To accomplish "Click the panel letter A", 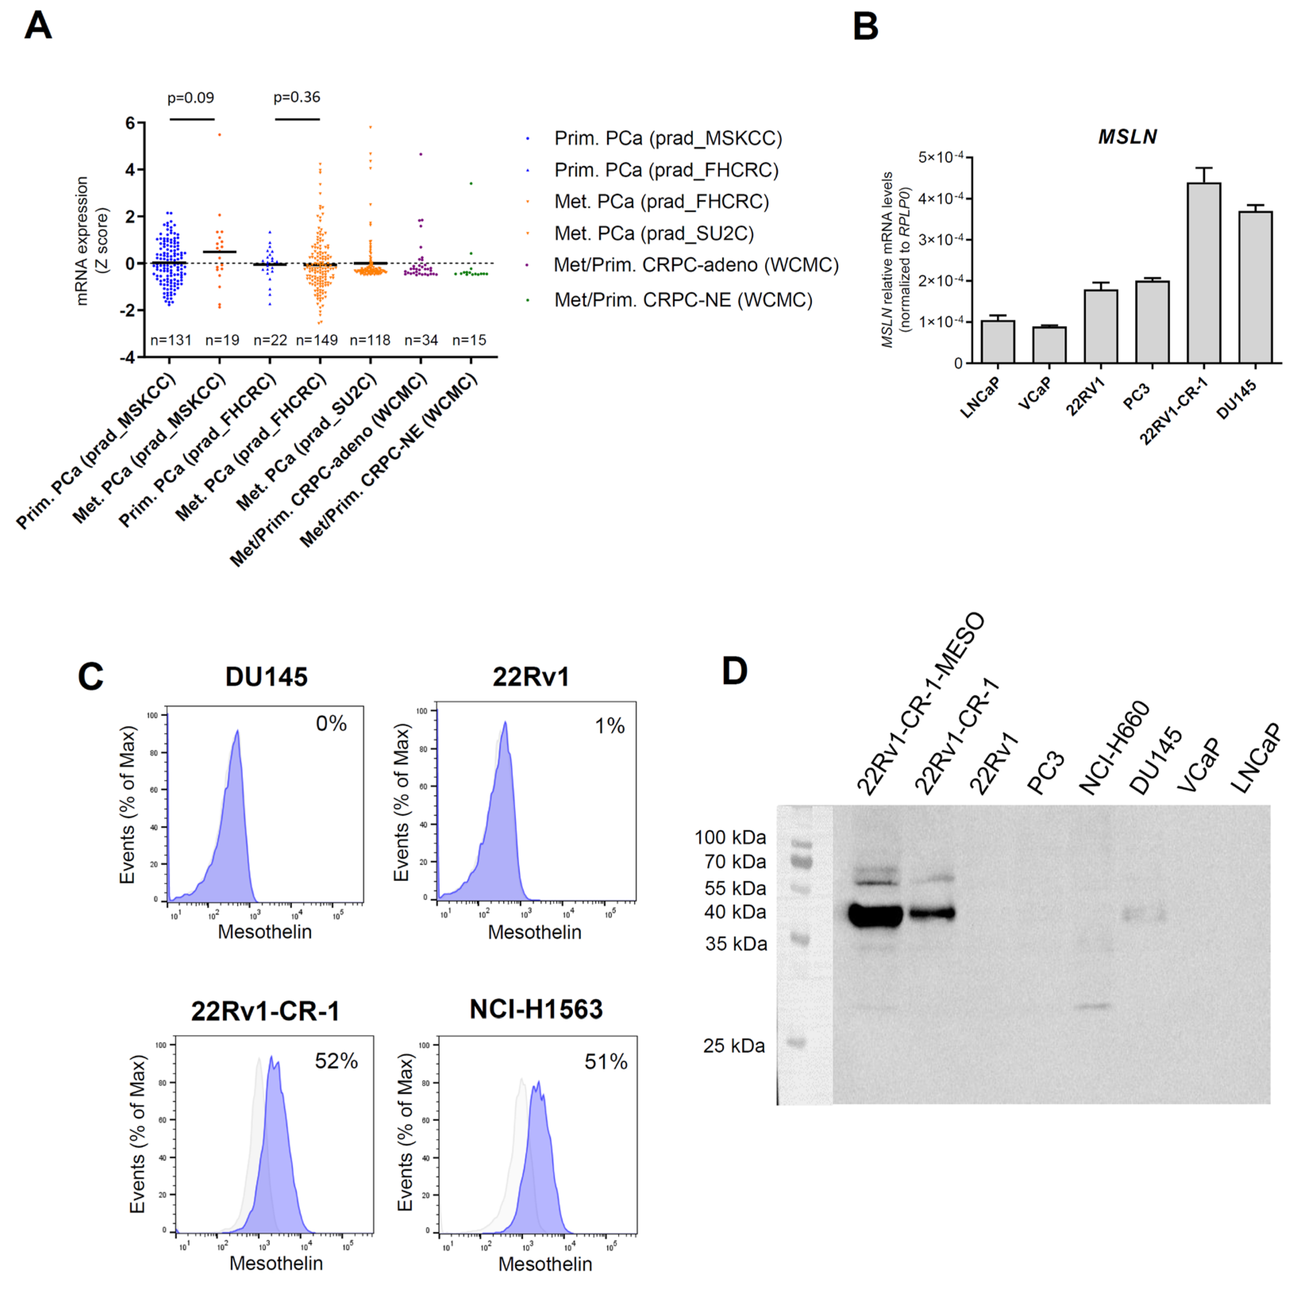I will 38,27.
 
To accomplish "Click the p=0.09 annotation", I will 191,98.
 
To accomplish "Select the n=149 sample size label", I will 317,340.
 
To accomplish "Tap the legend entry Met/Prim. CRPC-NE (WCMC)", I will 683,300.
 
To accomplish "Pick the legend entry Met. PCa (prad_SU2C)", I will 654,234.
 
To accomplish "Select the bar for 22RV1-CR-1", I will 1204,273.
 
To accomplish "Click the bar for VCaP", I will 1049,345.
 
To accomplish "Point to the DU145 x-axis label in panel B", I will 1237,399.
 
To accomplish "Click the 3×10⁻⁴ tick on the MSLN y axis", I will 940,240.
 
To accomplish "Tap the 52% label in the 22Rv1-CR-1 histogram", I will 336,1061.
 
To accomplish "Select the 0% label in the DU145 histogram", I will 331,724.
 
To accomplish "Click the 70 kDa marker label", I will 735,862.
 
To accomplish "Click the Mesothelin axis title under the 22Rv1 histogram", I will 534,932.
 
